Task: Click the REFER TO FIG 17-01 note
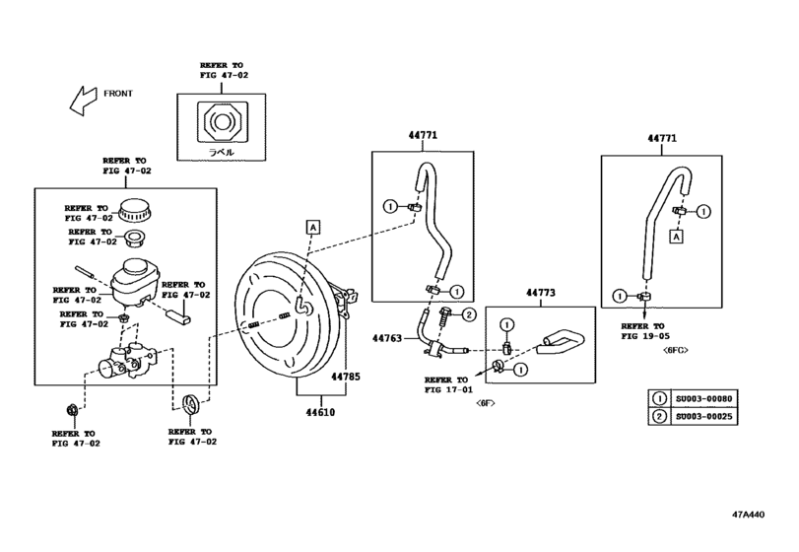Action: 447,384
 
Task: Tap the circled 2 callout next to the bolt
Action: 469,315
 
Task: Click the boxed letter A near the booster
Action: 312,227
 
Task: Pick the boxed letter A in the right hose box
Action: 676,237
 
